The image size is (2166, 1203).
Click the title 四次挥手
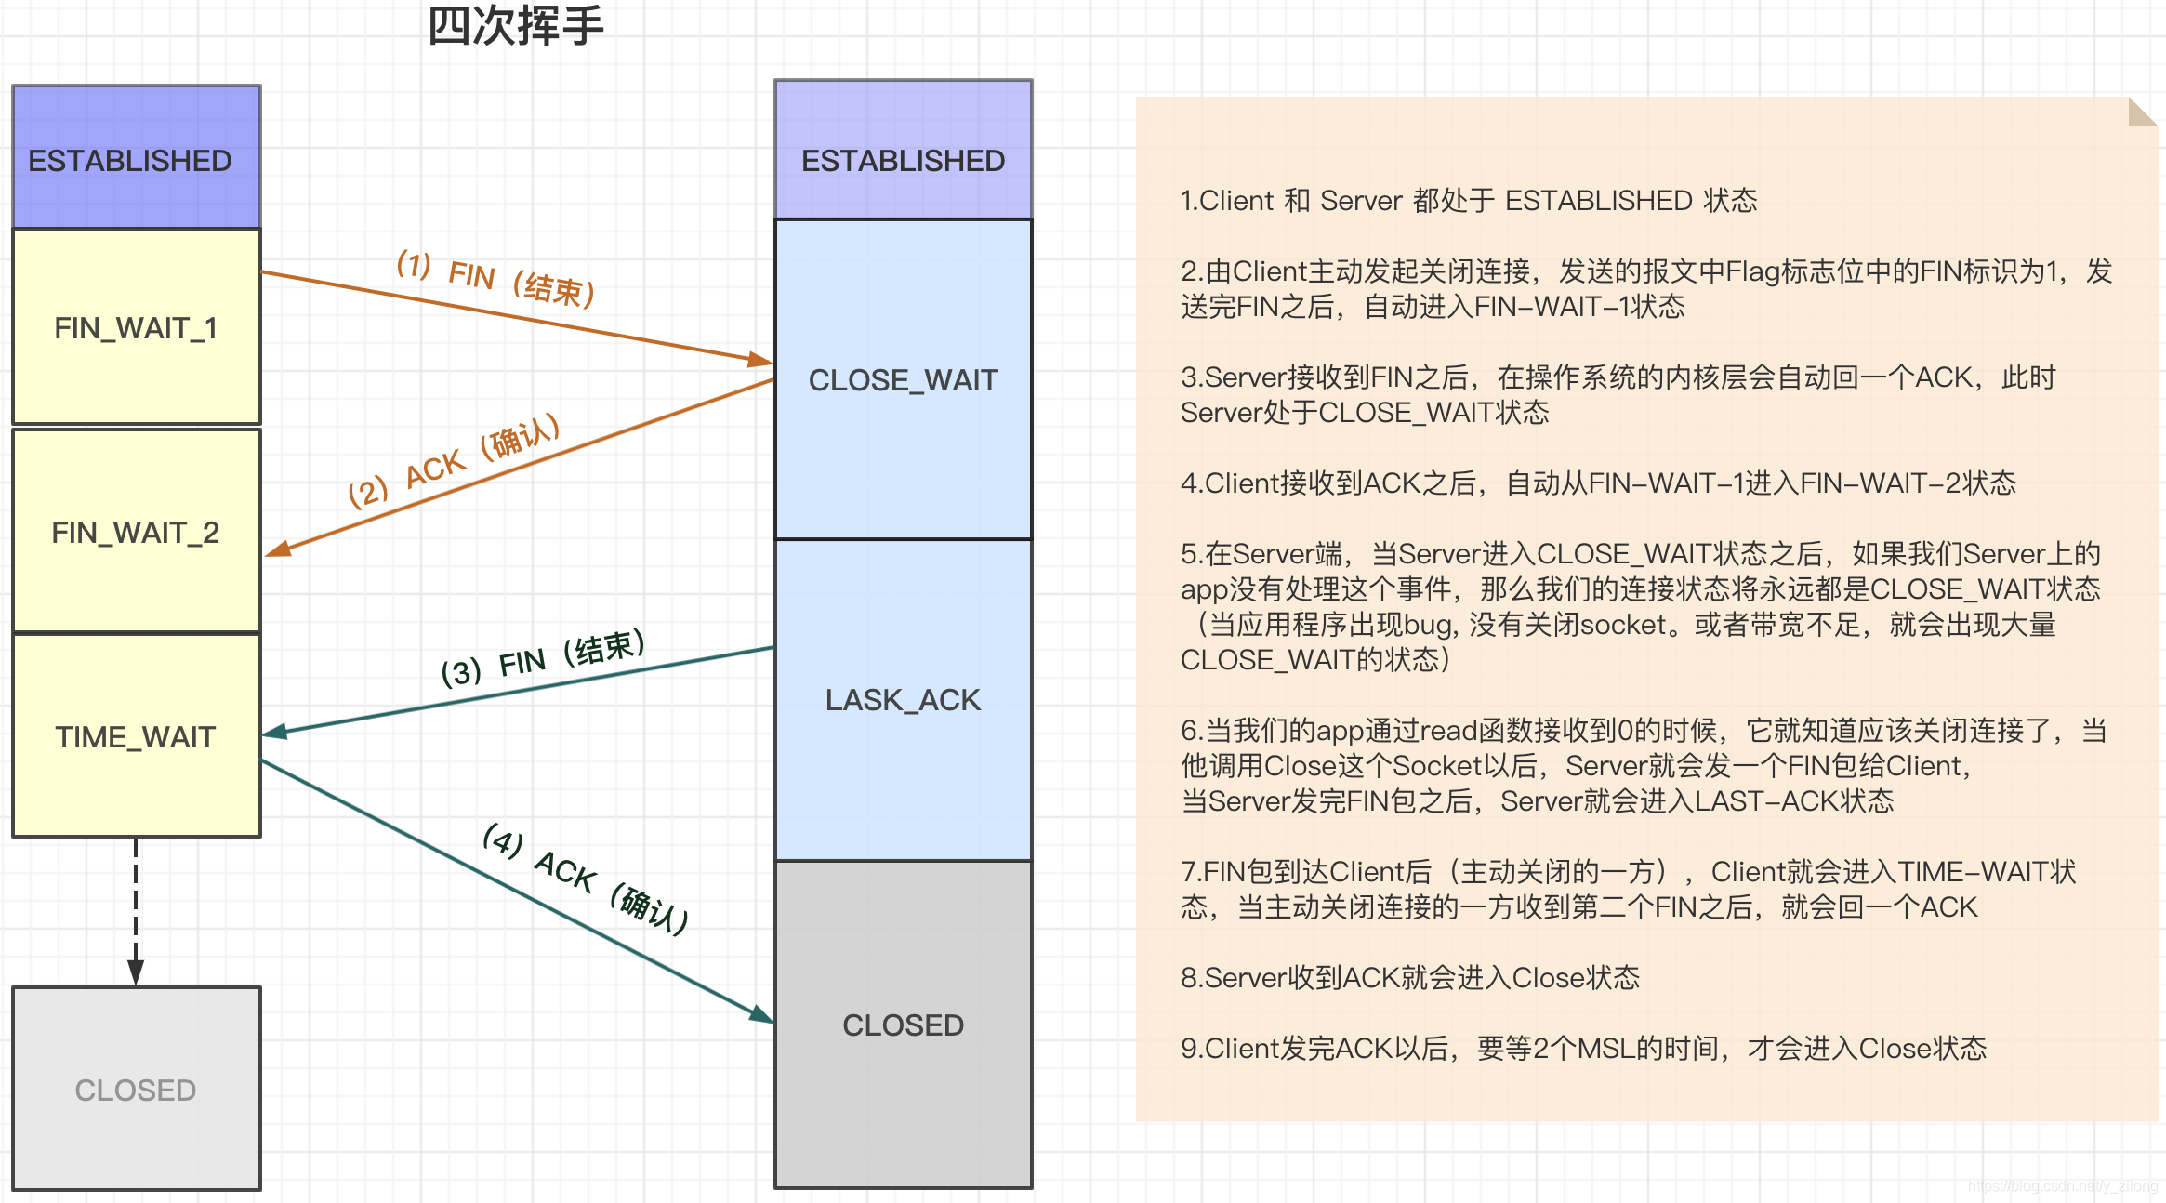pos(516,26)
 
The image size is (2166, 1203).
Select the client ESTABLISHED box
pos(136,159)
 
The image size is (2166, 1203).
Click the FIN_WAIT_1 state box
pos(136,327)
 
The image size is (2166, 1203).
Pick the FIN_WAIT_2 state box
pos(136,532)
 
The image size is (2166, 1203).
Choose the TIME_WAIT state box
pos(136,736)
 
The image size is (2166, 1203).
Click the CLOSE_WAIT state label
pos(903,380)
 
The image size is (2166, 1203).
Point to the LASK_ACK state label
pos(903,700)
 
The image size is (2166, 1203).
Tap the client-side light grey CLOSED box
pos(136,1089)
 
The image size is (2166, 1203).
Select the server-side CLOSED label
pos(903,1025)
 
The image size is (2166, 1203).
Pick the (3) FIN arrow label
pos(543,659)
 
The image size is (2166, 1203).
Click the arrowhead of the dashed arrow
pos(136,972)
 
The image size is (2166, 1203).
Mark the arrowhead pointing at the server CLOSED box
pos(761,1014)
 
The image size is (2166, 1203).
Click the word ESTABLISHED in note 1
pos(1598,201)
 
